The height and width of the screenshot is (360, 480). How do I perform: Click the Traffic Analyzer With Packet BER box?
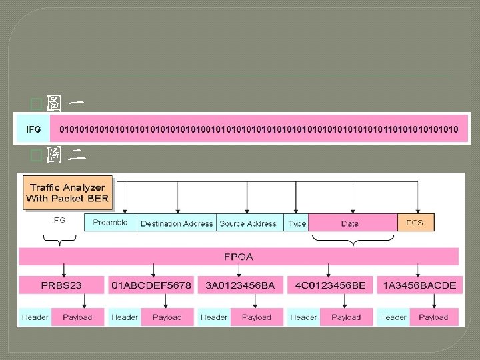[x=67, y=193]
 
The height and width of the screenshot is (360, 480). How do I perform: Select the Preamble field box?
[x=111, y=223]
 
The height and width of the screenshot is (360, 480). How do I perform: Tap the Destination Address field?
[x=177, y=223]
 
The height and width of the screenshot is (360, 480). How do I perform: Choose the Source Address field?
[x=248, y=223]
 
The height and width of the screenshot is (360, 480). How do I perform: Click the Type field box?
[x=297, y=223]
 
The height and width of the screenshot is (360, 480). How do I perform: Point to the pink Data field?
[x=349, y=223]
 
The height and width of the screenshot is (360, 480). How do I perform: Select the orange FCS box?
[x=415, y=223]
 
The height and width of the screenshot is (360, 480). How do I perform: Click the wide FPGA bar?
[x=239, y=257]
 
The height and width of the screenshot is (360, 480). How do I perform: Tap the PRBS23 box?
[x=61, y=285]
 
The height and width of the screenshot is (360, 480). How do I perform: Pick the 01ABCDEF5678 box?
[x=151, y=285]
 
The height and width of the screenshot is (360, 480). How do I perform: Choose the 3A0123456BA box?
[x=241, y=285]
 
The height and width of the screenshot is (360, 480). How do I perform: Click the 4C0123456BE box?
[x=330, y=285]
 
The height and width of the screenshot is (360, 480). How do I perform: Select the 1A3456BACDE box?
[x=419, y=285]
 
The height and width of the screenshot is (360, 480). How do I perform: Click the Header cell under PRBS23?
[x=35, y=317]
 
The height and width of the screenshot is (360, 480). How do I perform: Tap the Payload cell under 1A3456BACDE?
[x=433, y=317]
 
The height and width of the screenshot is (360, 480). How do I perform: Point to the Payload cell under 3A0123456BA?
[x=256, y=317]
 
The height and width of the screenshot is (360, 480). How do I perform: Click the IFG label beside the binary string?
[x=33, y=129]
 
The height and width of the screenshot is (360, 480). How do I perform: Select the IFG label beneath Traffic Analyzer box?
[x=59, y=220]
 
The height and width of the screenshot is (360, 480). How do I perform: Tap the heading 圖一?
[x=66, y=103]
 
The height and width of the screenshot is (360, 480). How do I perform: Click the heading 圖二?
[x=66, y=155]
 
